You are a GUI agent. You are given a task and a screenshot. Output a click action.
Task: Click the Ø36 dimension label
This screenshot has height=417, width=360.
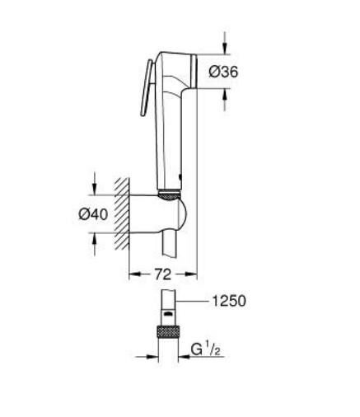[223, 72]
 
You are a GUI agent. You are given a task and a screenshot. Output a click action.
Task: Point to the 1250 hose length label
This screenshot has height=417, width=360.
[229, 302]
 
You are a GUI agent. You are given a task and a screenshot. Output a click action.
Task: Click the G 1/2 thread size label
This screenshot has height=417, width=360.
[206, 349]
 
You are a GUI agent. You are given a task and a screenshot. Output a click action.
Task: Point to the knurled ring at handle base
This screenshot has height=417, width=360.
[168, 195]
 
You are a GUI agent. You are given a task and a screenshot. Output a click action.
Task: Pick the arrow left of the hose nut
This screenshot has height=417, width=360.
[149, 357]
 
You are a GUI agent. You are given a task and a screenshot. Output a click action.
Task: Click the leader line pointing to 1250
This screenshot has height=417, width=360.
[194, 302]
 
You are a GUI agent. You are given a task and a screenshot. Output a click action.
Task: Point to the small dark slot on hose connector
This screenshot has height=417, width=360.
[167, 315]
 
